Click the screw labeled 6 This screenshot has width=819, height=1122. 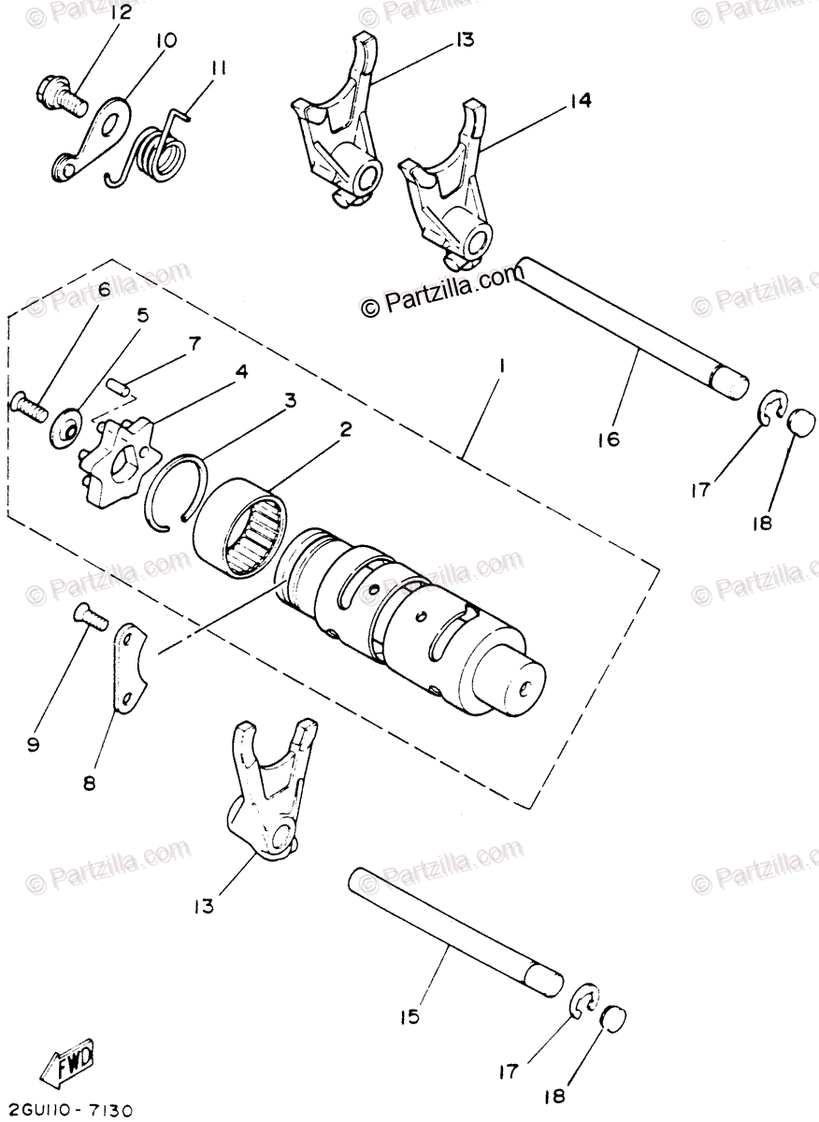29,408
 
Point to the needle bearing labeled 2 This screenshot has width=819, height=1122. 244,534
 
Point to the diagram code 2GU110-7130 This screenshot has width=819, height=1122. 69,1110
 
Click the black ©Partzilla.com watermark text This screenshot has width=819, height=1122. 439,301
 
